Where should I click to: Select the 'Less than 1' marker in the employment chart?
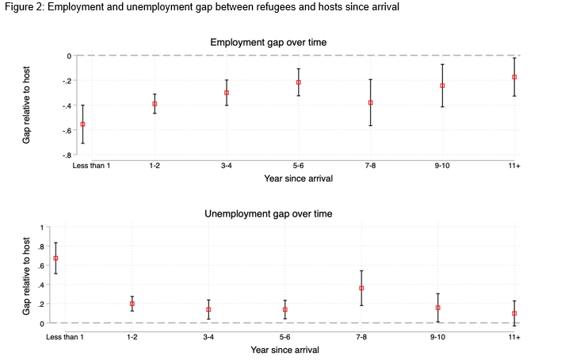point(82,124)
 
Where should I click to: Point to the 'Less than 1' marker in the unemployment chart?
point(55,259)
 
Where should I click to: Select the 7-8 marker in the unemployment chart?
point(361,288)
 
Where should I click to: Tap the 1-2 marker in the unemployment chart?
point(132,304)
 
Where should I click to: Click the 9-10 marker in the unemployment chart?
point(437,308)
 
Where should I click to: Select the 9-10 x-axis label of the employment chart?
point(442,165)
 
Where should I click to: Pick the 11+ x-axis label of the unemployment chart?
point(514,337)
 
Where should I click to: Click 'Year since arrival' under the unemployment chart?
point(284,350)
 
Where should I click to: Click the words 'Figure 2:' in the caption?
point(23,7)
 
